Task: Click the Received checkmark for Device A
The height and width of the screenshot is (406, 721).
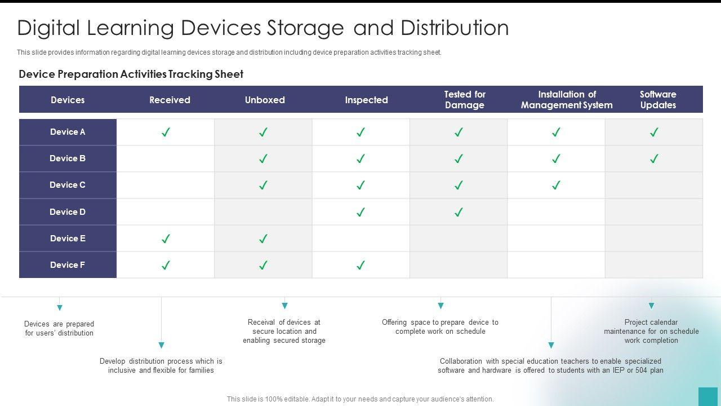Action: pyautogui.click(x=166, y=133)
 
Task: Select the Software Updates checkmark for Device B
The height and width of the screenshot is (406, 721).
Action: pyautogui.click(x=653, y=159)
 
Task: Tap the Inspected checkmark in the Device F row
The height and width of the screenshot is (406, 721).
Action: pyautogui.click(x=360, y=265)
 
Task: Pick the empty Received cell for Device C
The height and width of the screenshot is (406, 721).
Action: pyautogui.click(x=166, y=185)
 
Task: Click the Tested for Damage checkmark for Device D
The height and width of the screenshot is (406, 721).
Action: pyautogui.click(x=459, y=212)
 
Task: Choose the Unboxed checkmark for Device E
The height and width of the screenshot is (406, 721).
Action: pyautogui.click(x=263, y=239)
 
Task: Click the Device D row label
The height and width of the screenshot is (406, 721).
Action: pyautogui.click(x=68, y=212)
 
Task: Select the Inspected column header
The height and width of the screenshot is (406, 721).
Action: pyautogui.click(x=366, y=100)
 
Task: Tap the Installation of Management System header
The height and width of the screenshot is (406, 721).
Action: pyautogui.click(x=567, y=100)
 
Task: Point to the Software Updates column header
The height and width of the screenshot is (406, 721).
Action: pyautogui.click(x=658, y=100)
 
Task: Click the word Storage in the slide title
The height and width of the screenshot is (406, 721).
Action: pyautogui.click(x=305, y=28)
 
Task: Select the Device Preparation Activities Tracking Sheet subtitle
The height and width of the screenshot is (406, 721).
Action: pyautogui.click(x=131, y=74)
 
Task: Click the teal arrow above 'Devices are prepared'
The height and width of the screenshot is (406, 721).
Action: pyautogui.click(x=60, y=308)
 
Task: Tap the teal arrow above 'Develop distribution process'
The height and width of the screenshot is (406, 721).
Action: pyautogui.click(x=161, y=345)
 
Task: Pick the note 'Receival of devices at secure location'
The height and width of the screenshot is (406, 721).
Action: pyautogui.click(x=284, y=332)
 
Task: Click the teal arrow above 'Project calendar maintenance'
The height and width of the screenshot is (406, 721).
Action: pyautogui.click(x=651, y=306)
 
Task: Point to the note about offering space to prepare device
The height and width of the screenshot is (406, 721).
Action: pyautogui.click(x=440, y=327)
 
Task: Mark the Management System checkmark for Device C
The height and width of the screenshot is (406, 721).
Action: pyautogui.click(x=556, y=185)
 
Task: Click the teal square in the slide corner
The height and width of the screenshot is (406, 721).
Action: pyautogui.click(x=708, y=396)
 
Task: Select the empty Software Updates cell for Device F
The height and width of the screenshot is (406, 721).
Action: pyautogui.click(x=653, y=265)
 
